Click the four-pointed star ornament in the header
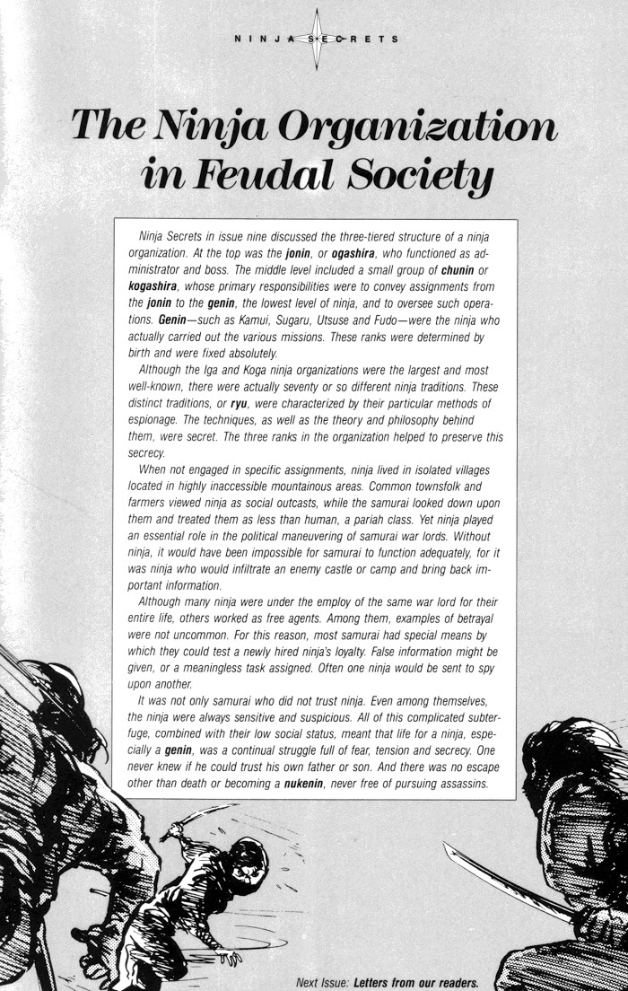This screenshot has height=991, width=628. pos(316,39)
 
